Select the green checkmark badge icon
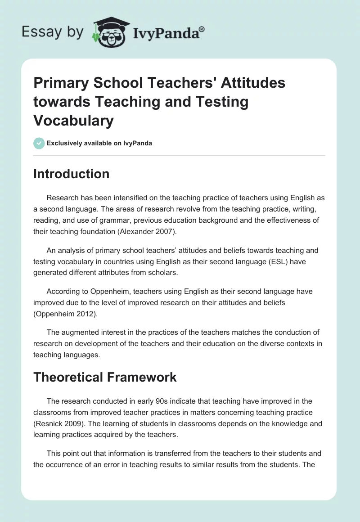click(x=39, y=143)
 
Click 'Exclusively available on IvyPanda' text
click(x=99, y=144)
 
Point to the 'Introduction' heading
click(x=71, y=174)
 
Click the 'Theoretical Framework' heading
click(x=105, y=377)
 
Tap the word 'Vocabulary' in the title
click(x=74, y=120)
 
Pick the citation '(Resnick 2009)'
click(x=62, y=423)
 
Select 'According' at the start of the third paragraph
click(x=63, y=291)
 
